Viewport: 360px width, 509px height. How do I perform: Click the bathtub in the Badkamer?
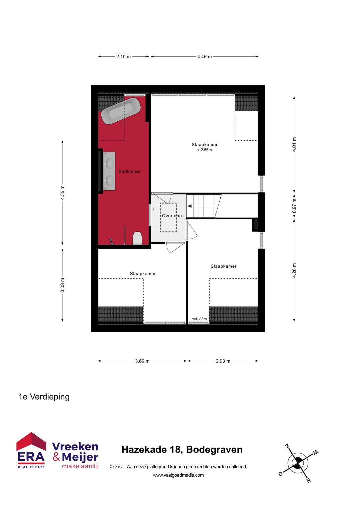click(x=121, y=111)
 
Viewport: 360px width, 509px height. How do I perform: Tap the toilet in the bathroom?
click(x=137, y=238)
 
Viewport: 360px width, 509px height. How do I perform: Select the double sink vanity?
click(x=109, y=171)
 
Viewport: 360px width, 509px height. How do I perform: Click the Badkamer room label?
click(x=129, y=171)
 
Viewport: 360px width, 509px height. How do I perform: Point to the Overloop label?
click(x=172, y=216)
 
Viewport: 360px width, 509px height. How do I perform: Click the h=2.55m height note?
click(x=204, y=150)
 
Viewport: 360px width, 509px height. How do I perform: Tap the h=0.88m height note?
click(x=199, y=319)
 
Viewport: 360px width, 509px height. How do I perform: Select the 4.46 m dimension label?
click(x=204, y=57)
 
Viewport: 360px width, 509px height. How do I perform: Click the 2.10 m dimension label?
click(x=123, y=57)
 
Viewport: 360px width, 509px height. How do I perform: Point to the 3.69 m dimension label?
click(x=142, y=361)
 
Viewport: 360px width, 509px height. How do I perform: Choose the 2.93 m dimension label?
click(x=223, y=361)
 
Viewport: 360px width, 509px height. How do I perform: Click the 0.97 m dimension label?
click(x=294, y=206)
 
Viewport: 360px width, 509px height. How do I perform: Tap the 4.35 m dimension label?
click(x=63, y=193)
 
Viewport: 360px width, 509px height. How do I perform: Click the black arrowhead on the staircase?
click(x=189, y=206)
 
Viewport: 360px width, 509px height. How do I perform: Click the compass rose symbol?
click(x=298, y=463)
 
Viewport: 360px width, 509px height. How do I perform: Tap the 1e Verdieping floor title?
click(x=44, y=397)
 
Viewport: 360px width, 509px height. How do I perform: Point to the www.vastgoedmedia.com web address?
click(x=178, y=475)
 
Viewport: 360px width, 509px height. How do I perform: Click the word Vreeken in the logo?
click(x=75, y=446)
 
